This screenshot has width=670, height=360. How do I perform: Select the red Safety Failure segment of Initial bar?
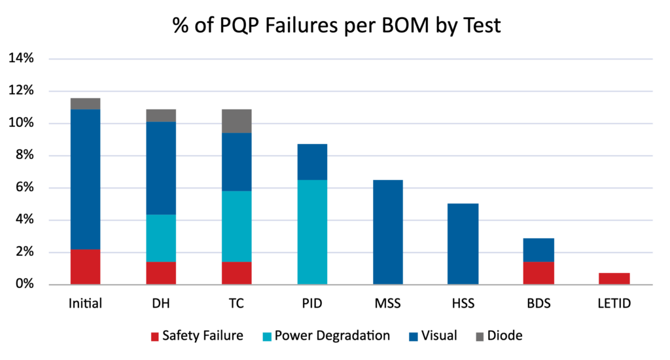pos(85,267)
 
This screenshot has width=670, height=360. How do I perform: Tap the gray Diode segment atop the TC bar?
pos(236,121)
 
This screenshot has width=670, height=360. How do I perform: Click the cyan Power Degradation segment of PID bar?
pos(312,232)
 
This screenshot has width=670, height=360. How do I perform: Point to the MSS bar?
pos(387,232)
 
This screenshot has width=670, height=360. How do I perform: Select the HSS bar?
pos(463,244)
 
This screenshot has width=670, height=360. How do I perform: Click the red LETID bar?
pos(614,279)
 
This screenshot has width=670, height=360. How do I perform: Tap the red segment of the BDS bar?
pos(538,273)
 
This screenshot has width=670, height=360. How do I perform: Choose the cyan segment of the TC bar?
pos(236,226)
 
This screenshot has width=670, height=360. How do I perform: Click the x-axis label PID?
pos(312,304)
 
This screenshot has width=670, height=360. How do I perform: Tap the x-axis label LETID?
pos(614,304)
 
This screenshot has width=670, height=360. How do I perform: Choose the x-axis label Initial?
pos(85,304)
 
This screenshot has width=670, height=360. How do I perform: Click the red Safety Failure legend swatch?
pos(154,336)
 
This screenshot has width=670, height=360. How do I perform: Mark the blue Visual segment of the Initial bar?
pos(85,179)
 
